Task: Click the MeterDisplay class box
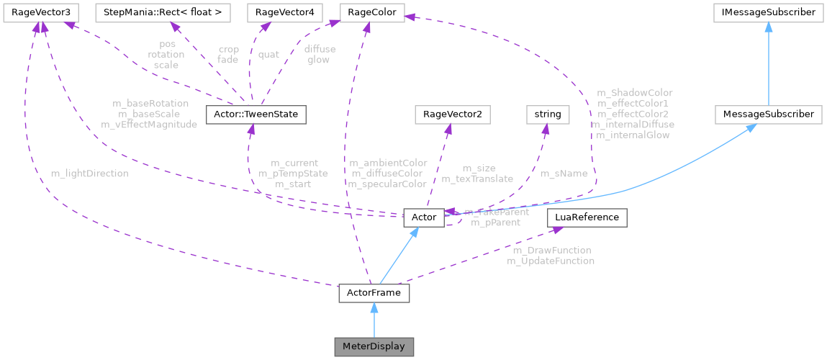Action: click(x=374, y=346)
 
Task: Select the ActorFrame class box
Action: click(x=374, y=294)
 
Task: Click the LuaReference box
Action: click(x=587, y=217)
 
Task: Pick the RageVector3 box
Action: click(x=40, y=12)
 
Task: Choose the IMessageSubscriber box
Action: click(x=769, y=12)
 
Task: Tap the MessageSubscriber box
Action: click(x=769, y=114)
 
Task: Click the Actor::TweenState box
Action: click(x=256, y=114)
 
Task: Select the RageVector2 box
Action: click(x=447, y=114)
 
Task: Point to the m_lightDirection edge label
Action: click(x=90, y=174)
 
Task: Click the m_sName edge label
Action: click(x=564, y=174)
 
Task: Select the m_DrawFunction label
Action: click(x=551, y=251)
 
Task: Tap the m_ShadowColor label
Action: click(x=635, y=93)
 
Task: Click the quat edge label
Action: click(x=268, y=54)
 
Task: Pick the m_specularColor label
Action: click(x=387, y=184)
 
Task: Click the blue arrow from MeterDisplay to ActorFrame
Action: click(x=374, y=320)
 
